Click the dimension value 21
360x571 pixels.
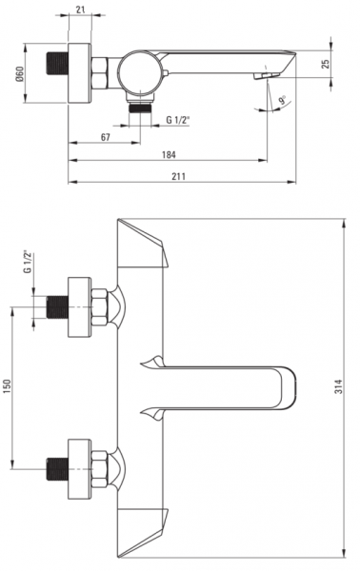(81, 10)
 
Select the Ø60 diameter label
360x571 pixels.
(19, 73)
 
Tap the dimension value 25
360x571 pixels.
(326, 64)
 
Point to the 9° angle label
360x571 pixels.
(283, 100)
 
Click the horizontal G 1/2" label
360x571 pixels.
(178, 120)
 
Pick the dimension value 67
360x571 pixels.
(106, 137)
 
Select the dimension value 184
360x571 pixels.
(169, 155)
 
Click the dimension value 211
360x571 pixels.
(178, 176)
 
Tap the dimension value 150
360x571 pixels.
(8, 387)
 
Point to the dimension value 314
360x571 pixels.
(339, 386)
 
